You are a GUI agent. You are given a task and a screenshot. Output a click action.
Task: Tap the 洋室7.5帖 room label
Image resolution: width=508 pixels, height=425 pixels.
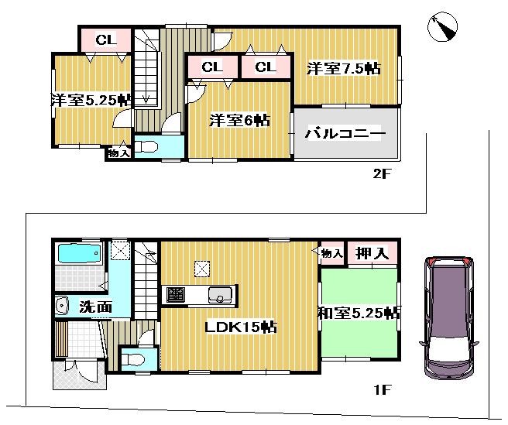click(x=343, y=68)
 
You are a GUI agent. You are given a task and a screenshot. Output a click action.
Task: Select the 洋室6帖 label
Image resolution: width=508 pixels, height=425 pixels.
click(x=240, y=120)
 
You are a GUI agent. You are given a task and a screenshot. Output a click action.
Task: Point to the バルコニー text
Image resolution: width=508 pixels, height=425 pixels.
click(x=345, y=134)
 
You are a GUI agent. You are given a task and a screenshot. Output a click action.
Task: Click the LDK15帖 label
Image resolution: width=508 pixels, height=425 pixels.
click(x=241, y=327)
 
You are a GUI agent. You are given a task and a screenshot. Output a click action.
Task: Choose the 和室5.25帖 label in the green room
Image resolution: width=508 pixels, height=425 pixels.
click(x=359, y=314)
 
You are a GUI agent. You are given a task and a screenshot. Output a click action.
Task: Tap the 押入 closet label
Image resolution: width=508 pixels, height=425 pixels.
click(x=372, y=252)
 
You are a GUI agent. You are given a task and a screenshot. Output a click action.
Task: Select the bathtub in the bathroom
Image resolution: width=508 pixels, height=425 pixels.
click(x=78, y=254)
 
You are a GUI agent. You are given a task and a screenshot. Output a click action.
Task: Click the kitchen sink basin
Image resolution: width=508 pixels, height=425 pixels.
click(x=221, y=296)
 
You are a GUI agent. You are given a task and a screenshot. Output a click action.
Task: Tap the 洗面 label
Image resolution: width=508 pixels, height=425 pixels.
click(x=95, y=307)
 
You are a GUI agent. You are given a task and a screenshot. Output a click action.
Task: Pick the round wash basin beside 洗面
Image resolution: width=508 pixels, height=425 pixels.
click(x=63, y=307)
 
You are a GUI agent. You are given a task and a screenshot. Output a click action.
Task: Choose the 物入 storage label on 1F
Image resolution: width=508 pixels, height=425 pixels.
click(x=331, y=252)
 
